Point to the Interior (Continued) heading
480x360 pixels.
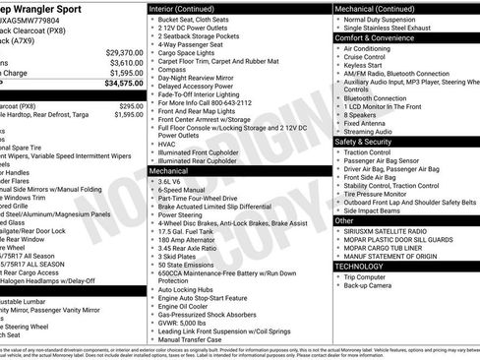coord(189,8)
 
